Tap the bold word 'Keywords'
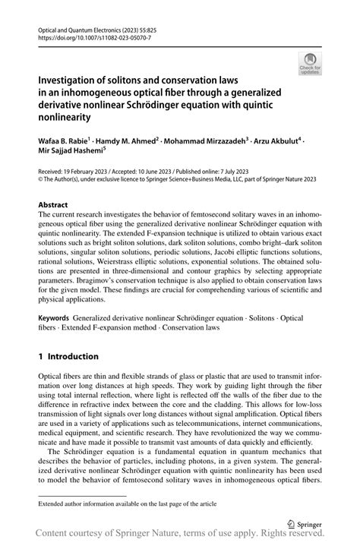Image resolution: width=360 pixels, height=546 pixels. [x=53, y=317]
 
